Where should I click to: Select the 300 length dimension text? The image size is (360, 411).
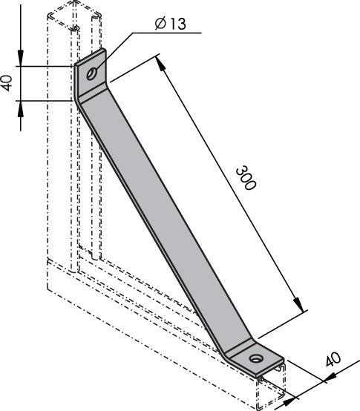click(x=244, y=179)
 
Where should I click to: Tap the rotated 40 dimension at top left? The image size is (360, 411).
click(x=7, y=82)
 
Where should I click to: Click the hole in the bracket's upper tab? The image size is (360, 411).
click(x=91, y=73)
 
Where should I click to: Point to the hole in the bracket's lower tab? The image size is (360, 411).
click(x=256, y=359)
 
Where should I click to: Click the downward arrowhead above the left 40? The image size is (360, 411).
click(x=21, y=59)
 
